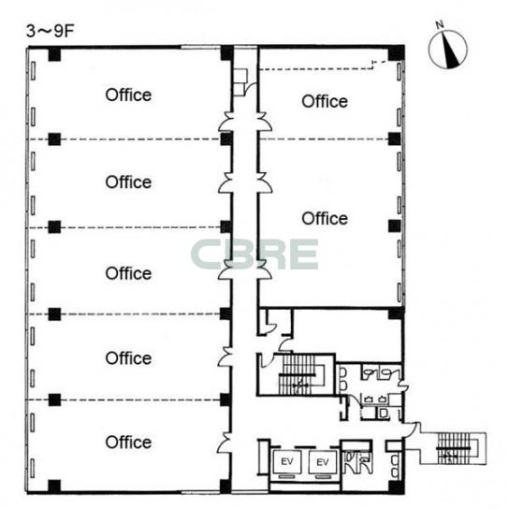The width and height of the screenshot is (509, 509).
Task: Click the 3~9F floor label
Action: click(51, 32)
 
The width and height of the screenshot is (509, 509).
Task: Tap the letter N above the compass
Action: click(440, 24)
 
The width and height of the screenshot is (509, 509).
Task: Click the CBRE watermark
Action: click(254, 254)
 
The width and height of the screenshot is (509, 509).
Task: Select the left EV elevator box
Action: click(287, 461)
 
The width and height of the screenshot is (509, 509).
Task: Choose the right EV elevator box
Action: click(323, 461)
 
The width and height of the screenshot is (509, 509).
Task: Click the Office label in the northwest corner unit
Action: click(128, 95)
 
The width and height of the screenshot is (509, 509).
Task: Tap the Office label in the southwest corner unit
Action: click(128, 443)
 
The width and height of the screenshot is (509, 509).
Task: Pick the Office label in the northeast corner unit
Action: click(325, 101)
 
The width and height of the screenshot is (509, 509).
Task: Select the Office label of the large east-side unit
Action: click(325, 218)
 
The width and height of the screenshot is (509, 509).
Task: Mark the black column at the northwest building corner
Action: click(54, 54)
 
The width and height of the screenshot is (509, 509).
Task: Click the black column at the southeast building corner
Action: click(396, 487)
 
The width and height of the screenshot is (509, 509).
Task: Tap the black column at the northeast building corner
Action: click(396, 53)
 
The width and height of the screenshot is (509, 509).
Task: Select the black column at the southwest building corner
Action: click(54, 486)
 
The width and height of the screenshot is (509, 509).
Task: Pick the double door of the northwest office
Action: click(225, 122)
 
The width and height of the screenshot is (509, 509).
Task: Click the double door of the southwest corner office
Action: click(225, 442)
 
